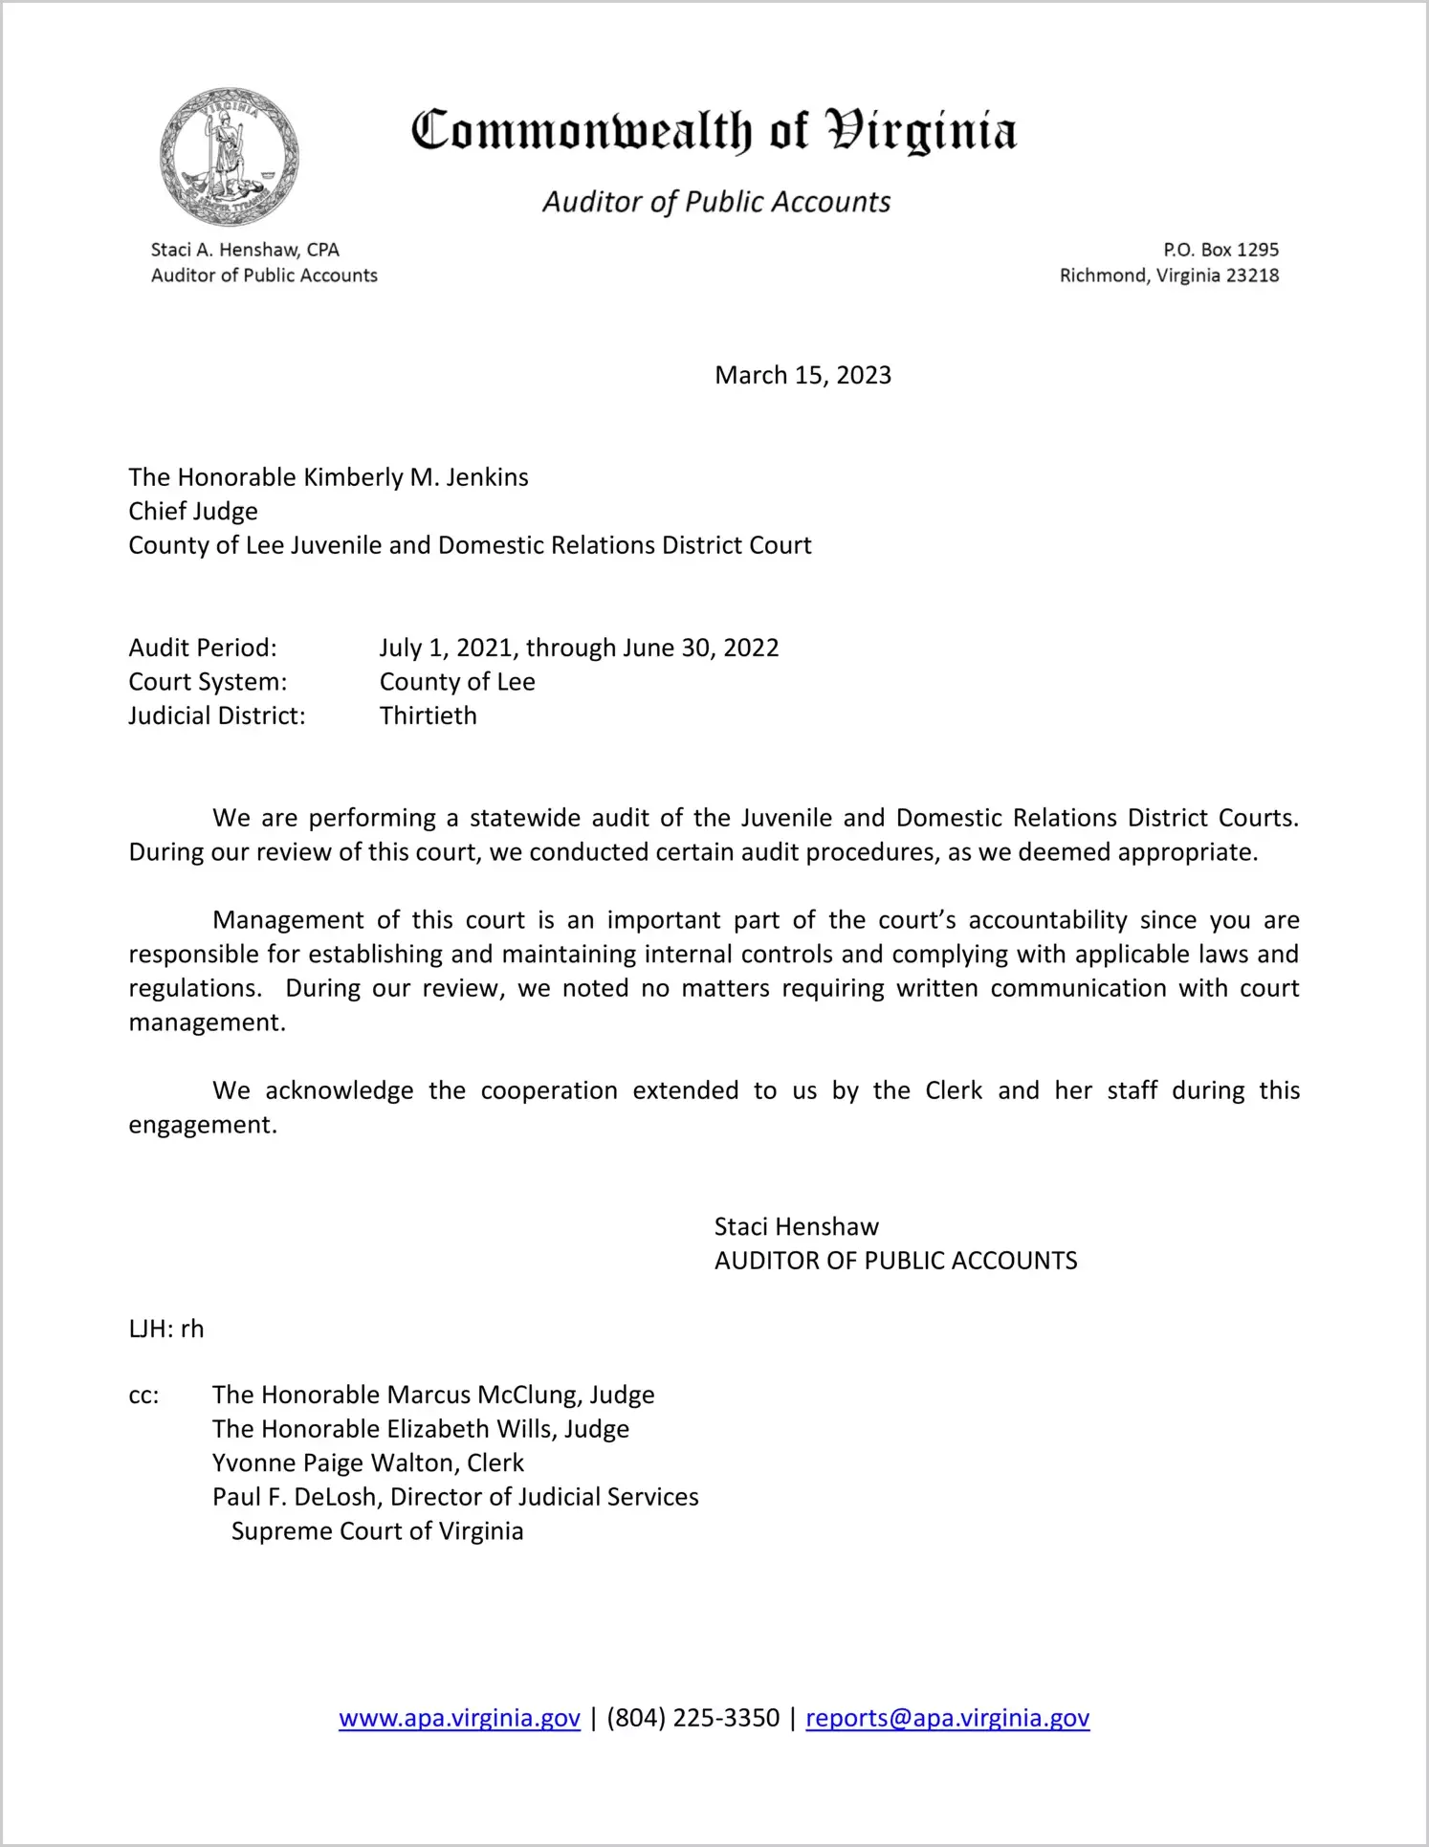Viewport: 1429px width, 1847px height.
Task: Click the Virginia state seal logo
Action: [x=229, y=157]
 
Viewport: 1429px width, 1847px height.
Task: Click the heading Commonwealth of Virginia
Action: [x=714, y=131]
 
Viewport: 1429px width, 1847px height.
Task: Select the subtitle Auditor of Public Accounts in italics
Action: [x=716, y=202]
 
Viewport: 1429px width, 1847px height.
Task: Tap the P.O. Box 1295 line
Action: [x=1220, y=250]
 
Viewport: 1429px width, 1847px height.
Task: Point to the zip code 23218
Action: [x=1252, y=275]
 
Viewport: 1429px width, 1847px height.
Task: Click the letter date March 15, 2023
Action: [x=802, y=375]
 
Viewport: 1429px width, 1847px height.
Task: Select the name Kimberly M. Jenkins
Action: [x=415, y=477]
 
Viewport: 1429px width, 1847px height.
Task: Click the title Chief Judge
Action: [x=193, y=512]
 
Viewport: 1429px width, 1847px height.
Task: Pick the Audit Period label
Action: [x=203, y=648]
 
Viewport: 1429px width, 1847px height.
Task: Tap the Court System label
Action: [x=208, y=682]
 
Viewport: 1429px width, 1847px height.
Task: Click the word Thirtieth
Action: [x=428, y=715]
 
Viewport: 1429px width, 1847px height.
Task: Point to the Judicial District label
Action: [x=217, y=715]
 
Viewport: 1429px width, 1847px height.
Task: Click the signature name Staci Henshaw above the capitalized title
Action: [x=796, y=1226]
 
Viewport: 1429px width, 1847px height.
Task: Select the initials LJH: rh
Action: [x=166, y=1329]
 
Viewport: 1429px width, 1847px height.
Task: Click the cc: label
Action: [x=143, y=1396]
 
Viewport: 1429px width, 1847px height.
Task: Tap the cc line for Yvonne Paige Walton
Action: [x=368, y=1463]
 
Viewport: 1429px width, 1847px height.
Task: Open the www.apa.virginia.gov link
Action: [x=459, y=1718]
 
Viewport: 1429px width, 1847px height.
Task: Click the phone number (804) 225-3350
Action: [x=693, y=1718]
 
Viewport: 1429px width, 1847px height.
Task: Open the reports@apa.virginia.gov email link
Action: [x=947, y=1718]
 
